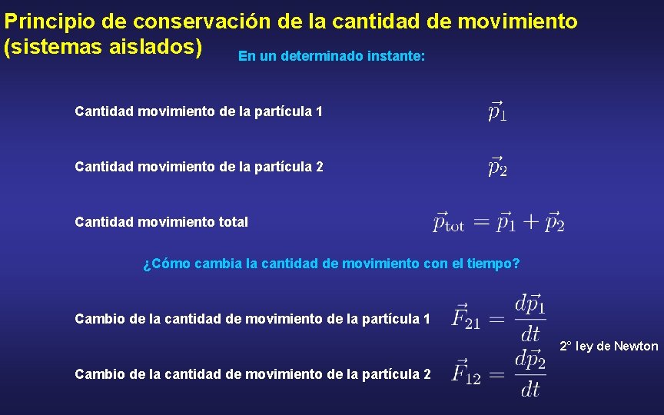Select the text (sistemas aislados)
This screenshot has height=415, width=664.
(103, 47)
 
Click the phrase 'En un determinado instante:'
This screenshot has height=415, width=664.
(331, 56)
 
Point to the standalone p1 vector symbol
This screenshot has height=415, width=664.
(497, 111)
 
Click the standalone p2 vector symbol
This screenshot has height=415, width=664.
(497, 166)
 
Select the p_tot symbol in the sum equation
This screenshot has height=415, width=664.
(449, 222)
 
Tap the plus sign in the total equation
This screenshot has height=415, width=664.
(530, 222)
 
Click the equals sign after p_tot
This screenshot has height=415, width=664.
(481, 222)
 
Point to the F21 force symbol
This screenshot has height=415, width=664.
(466, 317)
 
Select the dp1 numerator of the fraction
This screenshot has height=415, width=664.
(530, 304)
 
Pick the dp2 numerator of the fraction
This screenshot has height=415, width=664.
(530, 360)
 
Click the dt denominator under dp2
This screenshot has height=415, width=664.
(530, 390)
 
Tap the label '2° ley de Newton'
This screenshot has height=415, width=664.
(609, 346)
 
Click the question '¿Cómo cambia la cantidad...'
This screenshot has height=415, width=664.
(331, 264)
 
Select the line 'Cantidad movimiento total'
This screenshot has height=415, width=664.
(161, 222)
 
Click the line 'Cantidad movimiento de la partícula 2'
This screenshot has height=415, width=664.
(199, 166)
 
